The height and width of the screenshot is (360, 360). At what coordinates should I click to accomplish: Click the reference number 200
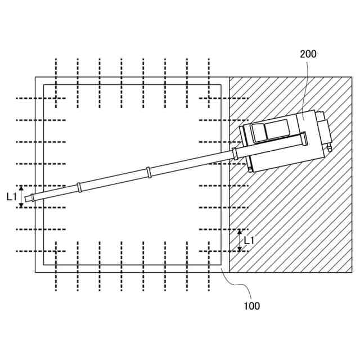[308, 54]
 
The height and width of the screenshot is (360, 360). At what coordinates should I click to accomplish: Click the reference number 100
[251, 306]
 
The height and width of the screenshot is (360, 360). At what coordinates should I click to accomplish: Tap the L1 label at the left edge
[11, 197]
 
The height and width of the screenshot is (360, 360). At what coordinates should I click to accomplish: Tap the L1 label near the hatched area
[249, 241]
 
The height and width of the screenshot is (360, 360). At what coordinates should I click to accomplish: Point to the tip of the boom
[25, 199]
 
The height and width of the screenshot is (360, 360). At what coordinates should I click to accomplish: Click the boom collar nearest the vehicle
[235, 154]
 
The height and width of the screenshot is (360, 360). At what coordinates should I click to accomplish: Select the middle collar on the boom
[148, 173]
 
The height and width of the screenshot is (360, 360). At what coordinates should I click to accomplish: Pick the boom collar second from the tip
[79, 187]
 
